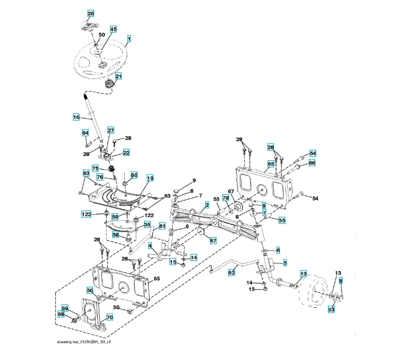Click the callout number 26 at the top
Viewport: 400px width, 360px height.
[x=91, y=13]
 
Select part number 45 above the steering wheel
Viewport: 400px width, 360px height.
[x=113, y=29]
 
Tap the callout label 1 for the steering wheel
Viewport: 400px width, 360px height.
[x=128, y=38]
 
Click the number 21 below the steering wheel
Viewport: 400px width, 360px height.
[x=119, y=76]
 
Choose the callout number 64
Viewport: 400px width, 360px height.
[x=85, y=133]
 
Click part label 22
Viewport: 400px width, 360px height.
[x=127, y=152]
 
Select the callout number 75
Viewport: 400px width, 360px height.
[x=95, y=169]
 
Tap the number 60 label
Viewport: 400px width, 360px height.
[x=134, y=175]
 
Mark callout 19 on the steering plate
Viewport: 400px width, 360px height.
[x=150, y=178]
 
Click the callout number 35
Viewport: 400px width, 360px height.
[x=147, y=224]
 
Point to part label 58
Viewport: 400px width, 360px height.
[x=115, y=235]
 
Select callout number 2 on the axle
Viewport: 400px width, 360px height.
[x=206, y=205]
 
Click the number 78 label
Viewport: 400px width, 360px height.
[x=226, y=198]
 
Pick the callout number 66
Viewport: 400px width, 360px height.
[x=312, y=163]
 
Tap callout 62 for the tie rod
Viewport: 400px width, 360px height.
[x=232, y=272]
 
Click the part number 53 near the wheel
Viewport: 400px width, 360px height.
[x=331, y=310]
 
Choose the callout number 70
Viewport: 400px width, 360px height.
[x=109, y=317]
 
